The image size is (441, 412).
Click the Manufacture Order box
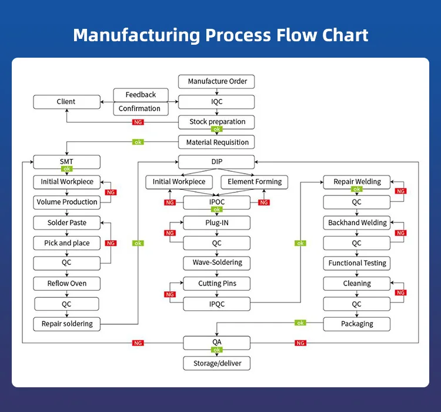click(x=217, y=81)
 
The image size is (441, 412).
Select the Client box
click(x=66, y=102)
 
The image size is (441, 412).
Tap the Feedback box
click(x=141, y=95)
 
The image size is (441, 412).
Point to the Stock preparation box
click(x=217, y=122)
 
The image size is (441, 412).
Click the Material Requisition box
click(x=217, y=142)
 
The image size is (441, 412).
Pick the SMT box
click(x=66, y=161)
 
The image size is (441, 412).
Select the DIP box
click(x=217, y=161)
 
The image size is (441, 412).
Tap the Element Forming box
click(x=255, y=182)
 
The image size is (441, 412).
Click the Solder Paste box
click(x=66, y=223)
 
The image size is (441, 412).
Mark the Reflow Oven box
click(x=66, y=284)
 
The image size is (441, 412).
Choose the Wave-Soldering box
click(x=217, y=263)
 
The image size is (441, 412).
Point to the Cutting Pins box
click(x=217, y=284)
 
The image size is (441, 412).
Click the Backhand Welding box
click(x=357, y=223)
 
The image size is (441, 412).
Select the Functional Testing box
click(x=357, y=263)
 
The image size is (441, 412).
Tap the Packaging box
click(x=357, y=324)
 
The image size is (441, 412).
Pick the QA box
click(x=217, y=342)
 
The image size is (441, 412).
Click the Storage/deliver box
click(x=217, y=364)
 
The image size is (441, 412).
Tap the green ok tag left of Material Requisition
click(x=138, y=142)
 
